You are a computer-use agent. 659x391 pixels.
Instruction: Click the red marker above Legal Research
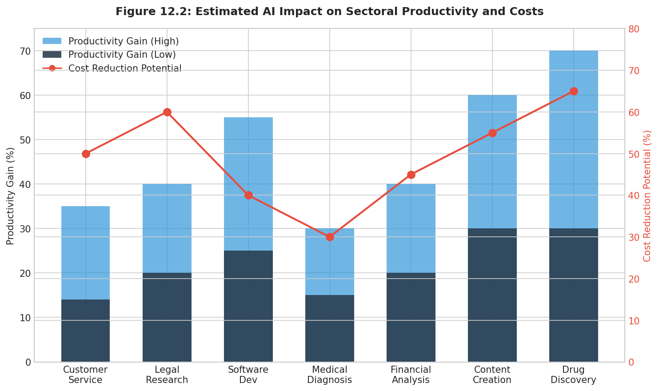[167, 112]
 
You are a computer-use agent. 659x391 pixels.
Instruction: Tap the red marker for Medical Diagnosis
[330, 237]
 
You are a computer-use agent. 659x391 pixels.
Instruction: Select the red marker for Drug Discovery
[574, 91]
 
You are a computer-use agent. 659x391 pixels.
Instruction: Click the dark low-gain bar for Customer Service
[86, 331]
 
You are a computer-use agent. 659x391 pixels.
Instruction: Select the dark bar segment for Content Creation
[492, 295]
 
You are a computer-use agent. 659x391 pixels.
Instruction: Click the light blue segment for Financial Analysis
[411, 228]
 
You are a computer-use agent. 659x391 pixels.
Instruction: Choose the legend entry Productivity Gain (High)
[123, 41]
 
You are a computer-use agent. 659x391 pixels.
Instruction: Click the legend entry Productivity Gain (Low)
[122, 55]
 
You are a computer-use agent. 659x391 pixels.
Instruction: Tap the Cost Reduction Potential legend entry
[124, 68]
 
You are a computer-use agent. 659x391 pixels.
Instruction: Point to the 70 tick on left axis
[25, 51]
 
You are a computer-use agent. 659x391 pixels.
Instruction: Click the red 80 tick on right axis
[634, 29]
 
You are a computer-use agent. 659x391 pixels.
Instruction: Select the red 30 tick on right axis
[634, 237]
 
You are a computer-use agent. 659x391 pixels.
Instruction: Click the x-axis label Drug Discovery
[573, 375]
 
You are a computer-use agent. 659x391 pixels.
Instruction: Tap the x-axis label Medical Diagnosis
[330, 375]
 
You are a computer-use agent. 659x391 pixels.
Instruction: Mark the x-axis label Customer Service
[85, 375]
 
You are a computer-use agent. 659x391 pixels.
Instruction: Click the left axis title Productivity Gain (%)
[11, 195]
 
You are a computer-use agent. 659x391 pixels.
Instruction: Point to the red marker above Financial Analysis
[411, 175]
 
